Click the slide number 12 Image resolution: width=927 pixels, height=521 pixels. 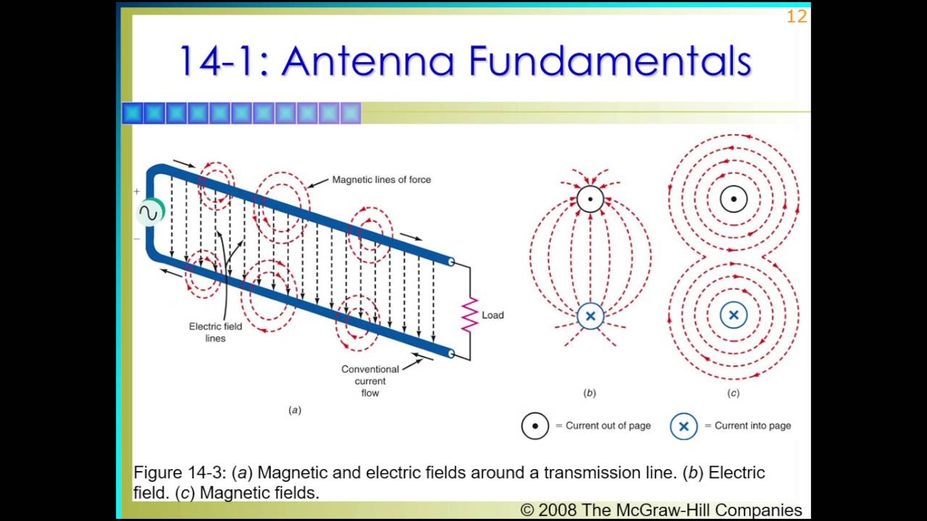coord(796,17)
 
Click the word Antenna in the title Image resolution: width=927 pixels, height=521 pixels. coord(369,61)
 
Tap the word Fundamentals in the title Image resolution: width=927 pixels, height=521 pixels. coord(610,61)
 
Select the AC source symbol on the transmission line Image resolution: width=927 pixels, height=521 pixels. coord(151,213)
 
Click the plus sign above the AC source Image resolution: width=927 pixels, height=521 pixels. coord(136,192)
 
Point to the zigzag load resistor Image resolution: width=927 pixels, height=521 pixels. coord(470,315)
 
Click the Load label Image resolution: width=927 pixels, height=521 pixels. coord(492,315)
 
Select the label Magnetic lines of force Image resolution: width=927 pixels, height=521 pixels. coord(381,179)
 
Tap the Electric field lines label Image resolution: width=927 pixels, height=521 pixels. coord(215,332)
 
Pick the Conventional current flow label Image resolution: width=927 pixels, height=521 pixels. coord(370,381)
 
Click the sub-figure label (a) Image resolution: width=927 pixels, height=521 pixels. coord(295,410)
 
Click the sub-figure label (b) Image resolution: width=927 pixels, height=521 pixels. coord(590,393)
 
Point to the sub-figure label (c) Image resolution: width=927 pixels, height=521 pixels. coord(734,393)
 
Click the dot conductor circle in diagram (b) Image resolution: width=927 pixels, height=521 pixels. coord(590,199)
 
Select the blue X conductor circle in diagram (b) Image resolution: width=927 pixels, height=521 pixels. coord(590,316)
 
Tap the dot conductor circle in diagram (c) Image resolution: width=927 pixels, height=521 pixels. coord(734,199)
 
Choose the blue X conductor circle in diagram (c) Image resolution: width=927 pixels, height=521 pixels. coord(734,315)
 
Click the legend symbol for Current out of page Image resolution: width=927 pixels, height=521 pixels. coord(535,426)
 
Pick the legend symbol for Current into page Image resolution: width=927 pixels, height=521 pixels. coord(683,426)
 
